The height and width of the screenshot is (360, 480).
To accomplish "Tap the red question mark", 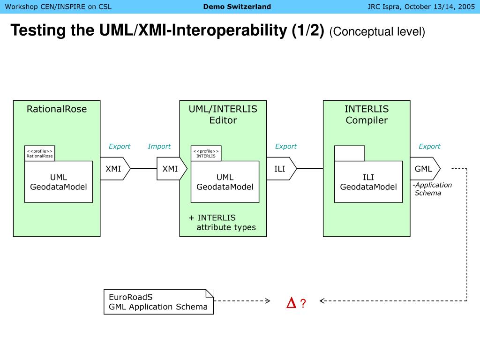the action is point(303,303).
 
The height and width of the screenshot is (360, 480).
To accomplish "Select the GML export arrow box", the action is point(425,168).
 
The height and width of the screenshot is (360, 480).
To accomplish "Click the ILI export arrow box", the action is point(282,168).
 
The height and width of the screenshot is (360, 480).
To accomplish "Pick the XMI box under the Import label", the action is point(172,168).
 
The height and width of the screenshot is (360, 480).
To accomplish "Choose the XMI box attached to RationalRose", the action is point(115,168).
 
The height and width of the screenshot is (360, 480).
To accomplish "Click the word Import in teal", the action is point(159,146).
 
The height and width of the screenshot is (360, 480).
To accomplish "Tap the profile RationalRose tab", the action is point(40,153).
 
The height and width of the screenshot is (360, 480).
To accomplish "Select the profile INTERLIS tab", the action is point(206,153).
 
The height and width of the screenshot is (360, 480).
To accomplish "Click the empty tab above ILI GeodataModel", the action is point(350,153).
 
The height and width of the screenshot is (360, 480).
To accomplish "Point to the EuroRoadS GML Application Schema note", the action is point(158,302).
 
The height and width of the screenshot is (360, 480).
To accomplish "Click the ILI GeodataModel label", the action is point(368,182).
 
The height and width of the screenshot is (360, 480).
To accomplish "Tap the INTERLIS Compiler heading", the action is point(367,114).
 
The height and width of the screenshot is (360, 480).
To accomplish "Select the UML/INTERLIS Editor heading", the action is point(223,114).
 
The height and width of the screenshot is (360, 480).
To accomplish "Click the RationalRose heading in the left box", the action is point(57,109).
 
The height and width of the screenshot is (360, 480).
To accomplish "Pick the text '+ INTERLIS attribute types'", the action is point(222,223).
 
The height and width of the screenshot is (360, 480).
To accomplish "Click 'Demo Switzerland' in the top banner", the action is point(237,7).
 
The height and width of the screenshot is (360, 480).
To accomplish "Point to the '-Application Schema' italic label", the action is point(432,189).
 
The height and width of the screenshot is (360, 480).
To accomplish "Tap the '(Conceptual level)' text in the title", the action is point(377,31).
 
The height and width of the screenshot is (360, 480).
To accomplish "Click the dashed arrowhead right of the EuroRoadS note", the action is point(268,301).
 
